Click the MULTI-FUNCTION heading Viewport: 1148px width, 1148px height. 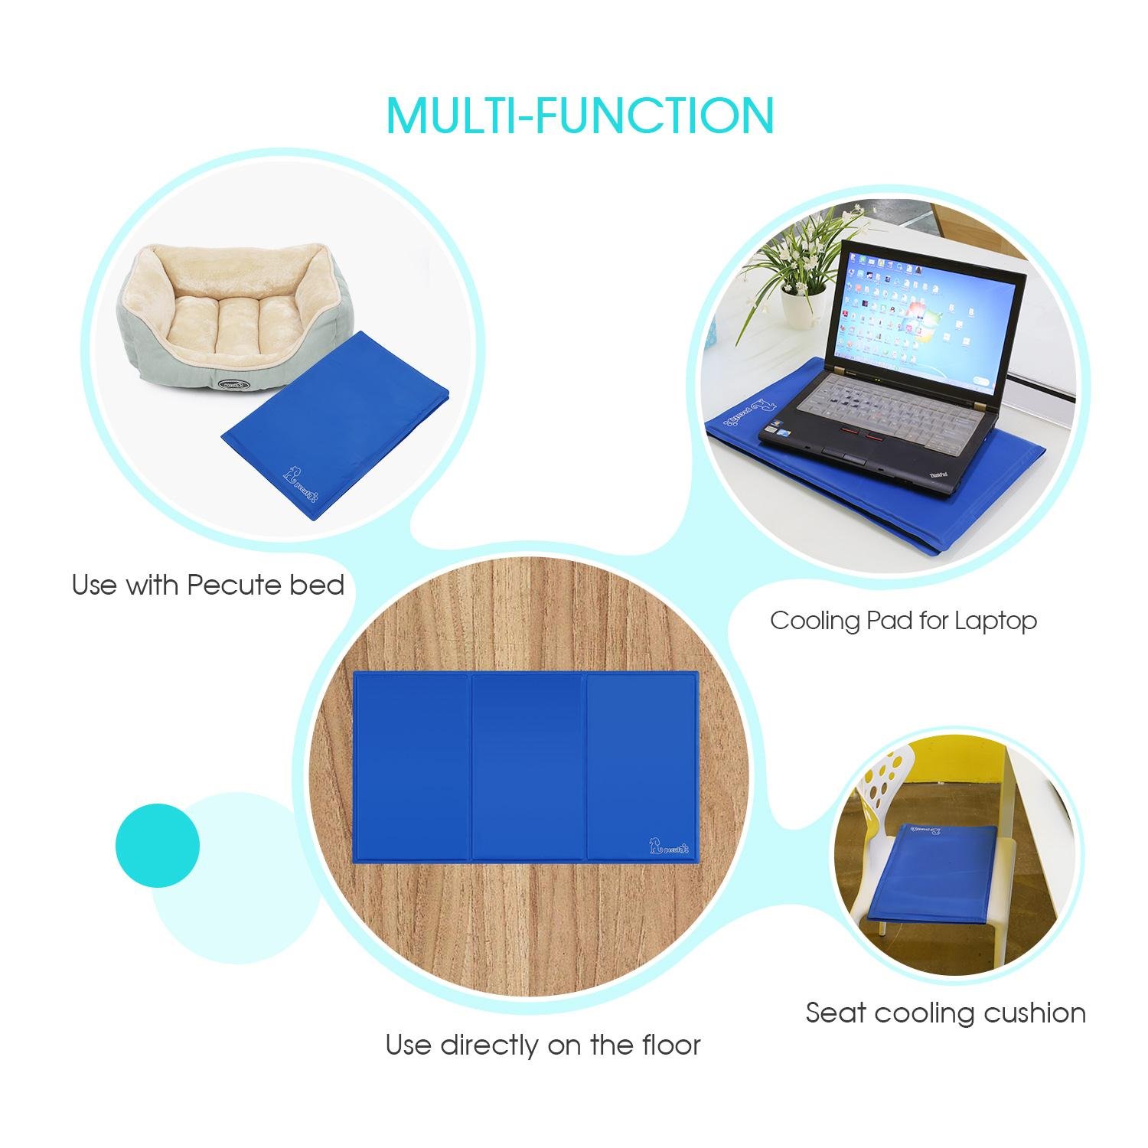pos(580,115)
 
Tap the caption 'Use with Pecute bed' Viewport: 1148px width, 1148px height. pos(208,585)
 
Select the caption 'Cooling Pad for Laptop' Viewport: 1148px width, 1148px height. pos(903,620)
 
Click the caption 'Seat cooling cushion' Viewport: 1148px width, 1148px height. pos(946,1013)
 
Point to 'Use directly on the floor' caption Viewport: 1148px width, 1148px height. pos(543,1044)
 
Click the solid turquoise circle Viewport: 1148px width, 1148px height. pos(158,845)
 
